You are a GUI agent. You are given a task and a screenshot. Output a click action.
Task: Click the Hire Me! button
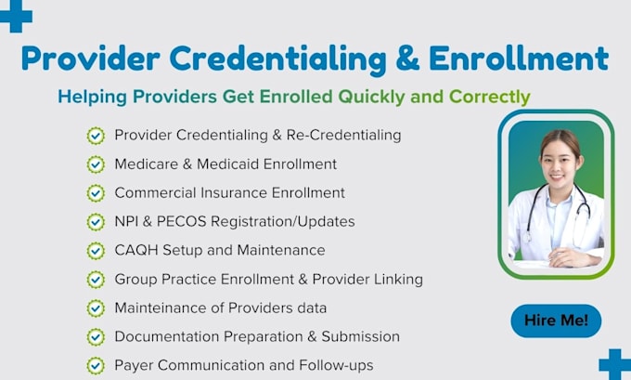(556, 321)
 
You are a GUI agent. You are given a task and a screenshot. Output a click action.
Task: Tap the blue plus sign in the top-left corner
(16, 16)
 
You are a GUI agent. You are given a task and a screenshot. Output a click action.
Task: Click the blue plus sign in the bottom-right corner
(615, 364)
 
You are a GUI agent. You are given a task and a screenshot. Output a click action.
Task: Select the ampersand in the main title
(407, 59)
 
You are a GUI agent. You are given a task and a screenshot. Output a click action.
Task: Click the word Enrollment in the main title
(519, 59)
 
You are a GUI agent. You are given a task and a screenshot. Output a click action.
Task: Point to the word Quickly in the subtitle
(371, 98)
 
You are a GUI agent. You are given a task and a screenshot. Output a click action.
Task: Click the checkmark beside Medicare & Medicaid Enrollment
(96, 164)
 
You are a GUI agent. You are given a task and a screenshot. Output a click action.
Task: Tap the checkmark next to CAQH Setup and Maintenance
(96, 251)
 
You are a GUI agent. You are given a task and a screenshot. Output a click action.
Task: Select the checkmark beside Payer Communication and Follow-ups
(96, 366)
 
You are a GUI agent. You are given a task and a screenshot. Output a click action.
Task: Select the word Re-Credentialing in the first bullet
(343, 136)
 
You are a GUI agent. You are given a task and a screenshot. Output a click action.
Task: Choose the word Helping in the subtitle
(92, 98)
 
